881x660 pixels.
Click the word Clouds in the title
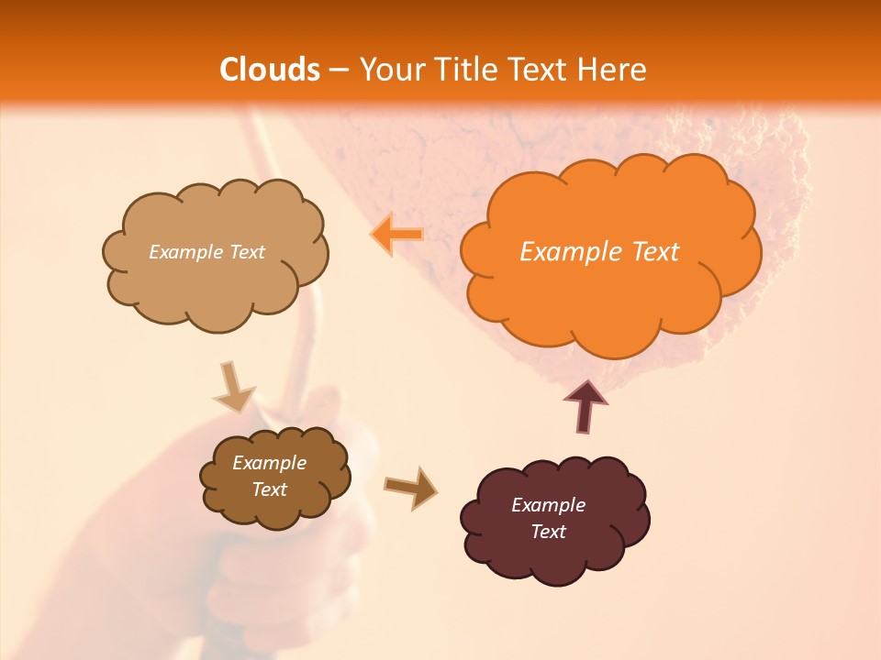[270, 70]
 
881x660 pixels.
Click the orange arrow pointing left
[396, 235]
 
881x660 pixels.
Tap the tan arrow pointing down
[234, 386]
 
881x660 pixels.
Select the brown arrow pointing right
[410, 488]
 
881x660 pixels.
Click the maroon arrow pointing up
[585, 405]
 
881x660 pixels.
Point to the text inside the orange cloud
[599, 252]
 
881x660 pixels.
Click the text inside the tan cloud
[206, 252]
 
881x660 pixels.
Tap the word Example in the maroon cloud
[548, 505]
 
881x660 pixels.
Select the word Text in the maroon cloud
[548, 532]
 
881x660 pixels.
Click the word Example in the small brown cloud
[269, 463]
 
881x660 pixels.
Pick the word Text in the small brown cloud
[269, 489]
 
